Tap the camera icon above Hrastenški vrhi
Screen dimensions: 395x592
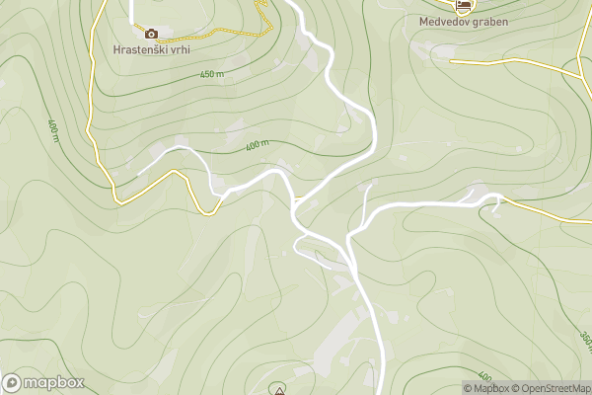point(151,33)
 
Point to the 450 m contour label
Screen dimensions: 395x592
point(212,74)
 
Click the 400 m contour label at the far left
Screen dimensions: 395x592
point(53,129)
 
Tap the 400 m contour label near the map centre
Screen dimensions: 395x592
point(258,145)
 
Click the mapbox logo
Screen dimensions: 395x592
point(43,382)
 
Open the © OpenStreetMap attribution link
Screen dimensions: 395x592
point(551,388)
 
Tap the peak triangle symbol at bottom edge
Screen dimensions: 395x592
point(279,391)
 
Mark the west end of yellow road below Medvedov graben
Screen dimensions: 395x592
point(452,60)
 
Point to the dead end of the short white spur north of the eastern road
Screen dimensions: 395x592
point(370,184)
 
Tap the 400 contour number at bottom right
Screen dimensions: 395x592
point(484,376)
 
